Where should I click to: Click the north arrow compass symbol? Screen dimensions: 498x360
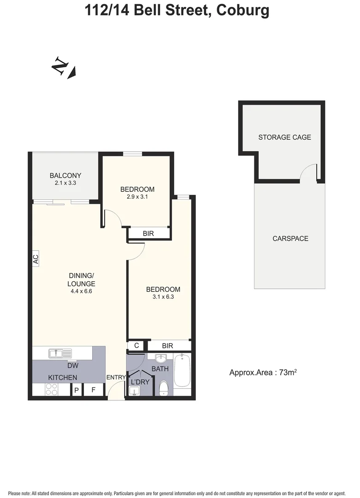tap(63, 68)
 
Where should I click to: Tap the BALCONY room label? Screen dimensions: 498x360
tap(65, 175)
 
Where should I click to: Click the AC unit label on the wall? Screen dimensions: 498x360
tap(36, 259)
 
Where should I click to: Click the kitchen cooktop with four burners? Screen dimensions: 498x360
tap(51, 390)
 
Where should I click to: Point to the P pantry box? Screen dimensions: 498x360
tap(77, 390)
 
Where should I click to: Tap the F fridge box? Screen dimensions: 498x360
tap(94, 390)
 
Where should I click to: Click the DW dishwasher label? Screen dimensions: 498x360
tap(72, 366)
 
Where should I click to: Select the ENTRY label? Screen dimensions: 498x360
tap(116, 378)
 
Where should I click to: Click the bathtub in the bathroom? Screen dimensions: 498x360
tap(182, 370)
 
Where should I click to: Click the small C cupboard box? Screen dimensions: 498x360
tap(136, 345)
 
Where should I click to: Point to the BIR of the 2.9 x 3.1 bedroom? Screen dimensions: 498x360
tap(148, 234)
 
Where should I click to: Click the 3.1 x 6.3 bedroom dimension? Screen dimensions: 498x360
tap(163, 297)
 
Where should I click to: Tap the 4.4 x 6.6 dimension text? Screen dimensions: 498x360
tap(81, 291)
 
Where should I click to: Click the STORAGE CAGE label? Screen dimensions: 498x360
tap(284, 137)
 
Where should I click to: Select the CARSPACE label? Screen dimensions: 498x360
tap(290, 238)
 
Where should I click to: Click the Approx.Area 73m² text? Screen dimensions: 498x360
tap(262, 373)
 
